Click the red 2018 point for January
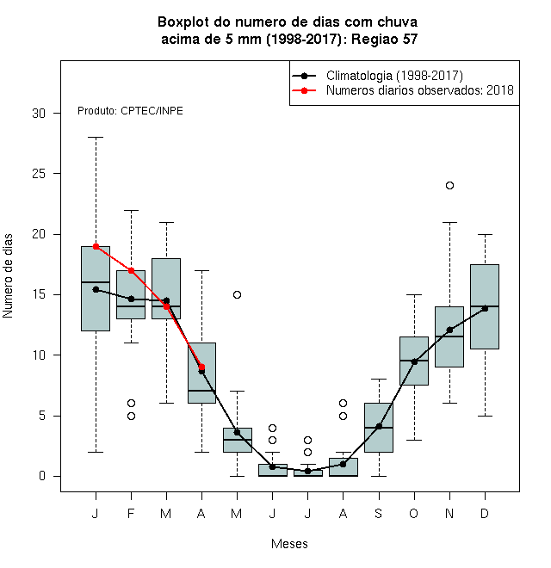(x=96, y=247)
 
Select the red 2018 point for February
(x=131, y=270)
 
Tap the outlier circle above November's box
(x=450, y=186)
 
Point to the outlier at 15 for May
(x=237, y=295)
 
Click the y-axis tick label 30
(x=39, y=114)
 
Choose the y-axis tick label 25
(x=39, y=174)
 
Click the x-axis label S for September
(x=379, y=513)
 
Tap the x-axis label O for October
(x=413, y=513)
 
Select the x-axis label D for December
(x=485, y=513)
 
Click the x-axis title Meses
(x=289, y=544)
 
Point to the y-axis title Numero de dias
(x=8, y=276)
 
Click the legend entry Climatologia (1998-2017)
(x=394, y=76)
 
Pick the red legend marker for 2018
(x=304, y=90)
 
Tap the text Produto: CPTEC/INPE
(x=130, y=111)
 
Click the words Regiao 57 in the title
(x=384, y=39)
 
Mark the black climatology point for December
(x=485, y=308)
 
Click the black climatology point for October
(x=414, y=361)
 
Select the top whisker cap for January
(x=96, y=138)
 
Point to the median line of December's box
(x=485, y=306)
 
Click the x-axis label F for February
(x=131, y=513)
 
